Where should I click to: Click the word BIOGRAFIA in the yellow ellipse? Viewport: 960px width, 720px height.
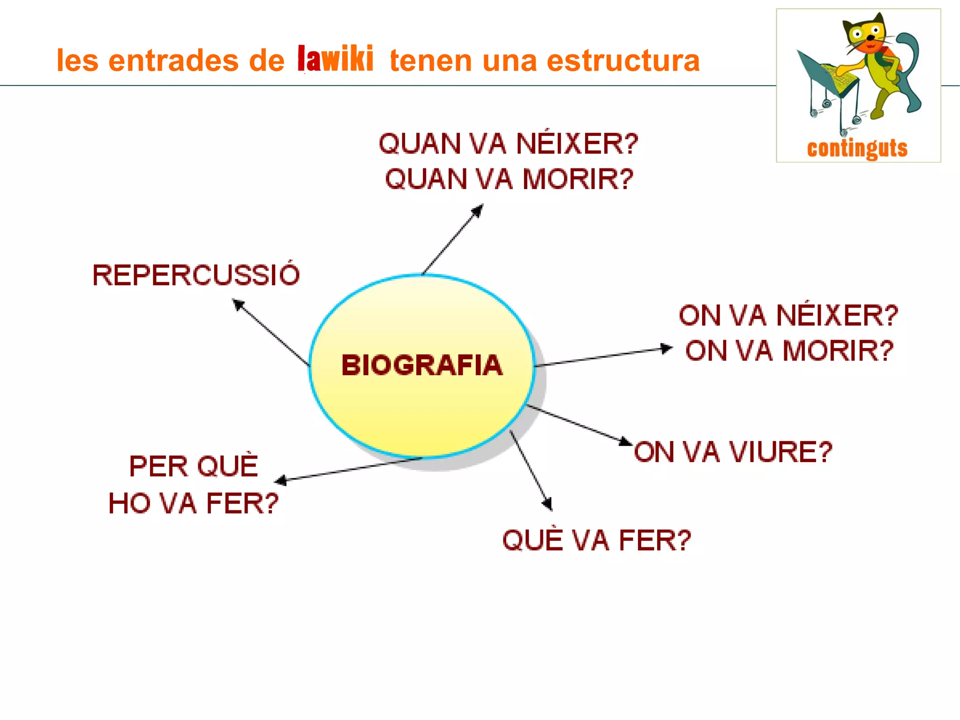pos(422,365)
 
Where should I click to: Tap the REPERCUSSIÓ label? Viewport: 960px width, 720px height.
pos(196,275)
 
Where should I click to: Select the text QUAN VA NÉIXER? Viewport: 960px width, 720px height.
pos(509,144)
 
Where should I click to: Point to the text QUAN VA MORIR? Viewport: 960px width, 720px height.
pos(510,179)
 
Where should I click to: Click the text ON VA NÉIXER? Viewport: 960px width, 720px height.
pos(788,315)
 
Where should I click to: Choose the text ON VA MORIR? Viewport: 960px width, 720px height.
pos(789,351)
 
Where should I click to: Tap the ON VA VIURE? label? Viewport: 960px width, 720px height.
pos(733,452)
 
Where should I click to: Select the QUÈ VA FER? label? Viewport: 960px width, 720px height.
pos(597,540)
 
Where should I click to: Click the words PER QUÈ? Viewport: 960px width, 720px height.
pos(194,466)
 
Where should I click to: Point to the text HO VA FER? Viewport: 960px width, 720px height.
pos(194,503)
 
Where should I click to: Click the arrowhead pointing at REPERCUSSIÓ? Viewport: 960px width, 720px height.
pos(238,304)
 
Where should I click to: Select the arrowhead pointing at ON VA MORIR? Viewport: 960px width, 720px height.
pos(667,349)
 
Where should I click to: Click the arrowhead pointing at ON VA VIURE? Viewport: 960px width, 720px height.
pos(625,441)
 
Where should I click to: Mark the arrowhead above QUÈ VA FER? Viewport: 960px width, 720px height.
pos(547,504)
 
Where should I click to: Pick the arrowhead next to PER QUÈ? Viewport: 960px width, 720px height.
pos(280,480)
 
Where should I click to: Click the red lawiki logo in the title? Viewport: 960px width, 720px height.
pos(336,59)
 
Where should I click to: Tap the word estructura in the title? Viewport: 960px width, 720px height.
pos(623,61)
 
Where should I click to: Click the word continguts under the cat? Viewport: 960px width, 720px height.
pos(857,148)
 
